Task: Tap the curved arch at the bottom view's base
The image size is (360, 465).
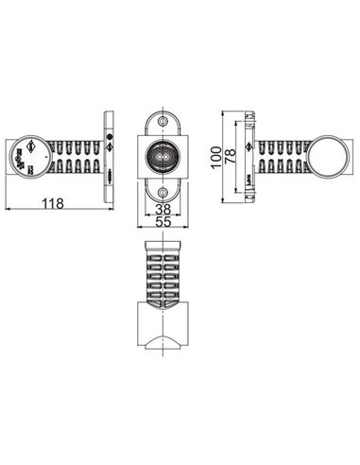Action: click(163, 339)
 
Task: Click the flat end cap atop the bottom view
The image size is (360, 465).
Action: click(163, 244)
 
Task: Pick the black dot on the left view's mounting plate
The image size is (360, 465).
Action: click(110, 148)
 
